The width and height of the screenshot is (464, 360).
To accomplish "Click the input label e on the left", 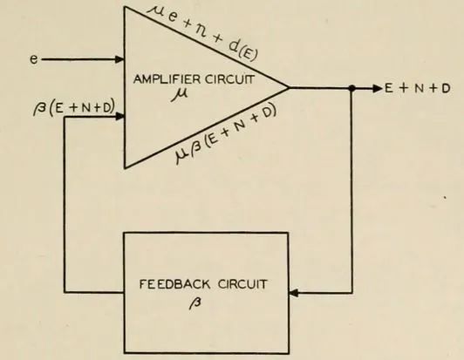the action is pyautogui.click(x=34, y=59).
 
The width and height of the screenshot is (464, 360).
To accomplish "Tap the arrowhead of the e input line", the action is pyautogui.click(x=119, y=59).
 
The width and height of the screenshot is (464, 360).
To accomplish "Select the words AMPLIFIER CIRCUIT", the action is pyautogui.click(x=194, y=79).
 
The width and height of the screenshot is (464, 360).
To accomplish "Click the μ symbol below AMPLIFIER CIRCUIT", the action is pyautogui.click(x=180, y=94).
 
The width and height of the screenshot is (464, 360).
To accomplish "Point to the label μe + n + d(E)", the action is pyautogui.click(x=202, y=33).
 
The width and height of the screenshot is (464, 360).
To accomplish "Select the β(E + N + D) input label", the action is pyautogui.click(x=73, y=109).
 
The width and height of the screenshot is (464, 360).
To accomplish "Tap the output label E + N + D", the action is pyautogui.click(x=418, y=88).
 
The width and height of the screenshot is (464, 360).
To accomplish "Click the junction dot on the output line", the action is pyautogui.click(x=351, y=88).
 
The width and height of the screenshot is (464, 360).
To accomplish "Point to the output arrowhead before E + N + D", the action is pyautogui.click(x=379, y=88).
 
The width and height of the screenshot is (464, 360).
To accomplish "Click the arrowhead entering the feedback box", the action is pyautogui.click(x=294, y=293).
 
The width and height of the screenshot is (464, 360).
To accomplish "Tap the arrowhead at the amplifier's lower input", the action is pyautogui.click(x=119, y=117).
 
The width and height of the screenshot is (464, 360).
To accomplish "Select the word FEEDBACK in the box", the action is pyautogui.click(x=174, y=284).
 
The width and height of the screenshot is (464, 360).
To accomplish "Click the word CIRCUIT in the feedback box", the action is pyautogui.click(x=242, y=284).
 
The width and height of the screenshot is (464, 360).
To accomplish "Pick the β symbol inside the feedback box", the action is pyautogui.click(x=195, y=303).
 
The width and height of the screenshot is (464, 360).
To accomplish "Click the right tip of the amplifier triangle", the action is pyautogui.click(x=289, y=87).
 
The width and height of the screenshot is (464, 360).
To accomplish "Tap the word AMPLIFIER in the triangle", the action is pyautogui.click(x=167, y=79).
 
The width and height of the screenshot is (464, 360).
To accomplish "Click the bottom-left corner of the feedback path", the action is pyautogui.click(x=65, y=293).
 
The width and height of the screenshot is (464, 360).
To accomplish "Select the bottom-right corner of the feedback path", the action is pyautogui.click(x=351, y=293).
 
